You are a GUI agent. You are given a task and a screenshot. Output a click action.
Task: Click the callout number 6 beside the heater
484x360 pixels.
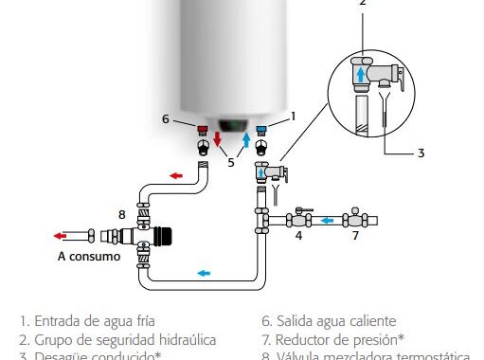(x=165, y=118)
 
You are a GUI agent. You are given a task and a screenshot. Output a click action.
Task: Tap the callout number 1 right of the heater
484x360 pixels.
(x=293, y=116)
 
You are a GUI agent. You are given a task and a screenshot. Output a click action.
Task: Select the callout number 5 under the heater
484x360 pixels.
(x=231, y=162)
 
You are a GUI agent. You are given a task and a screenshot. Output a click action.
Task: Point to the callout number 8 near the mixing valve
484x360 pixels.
(x=121, y=214)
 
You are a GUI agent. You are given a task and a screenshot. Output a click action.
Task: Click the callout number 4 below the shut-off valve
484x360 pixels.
(x=298, y=235)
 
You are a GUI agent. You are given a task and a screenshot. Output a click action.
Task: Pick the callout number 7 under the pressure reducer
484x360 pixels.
(x=355, y=235)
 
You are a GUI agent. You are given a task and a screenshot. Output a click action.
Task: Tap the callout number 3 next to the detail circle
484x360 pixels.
(x=421, y=152)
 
